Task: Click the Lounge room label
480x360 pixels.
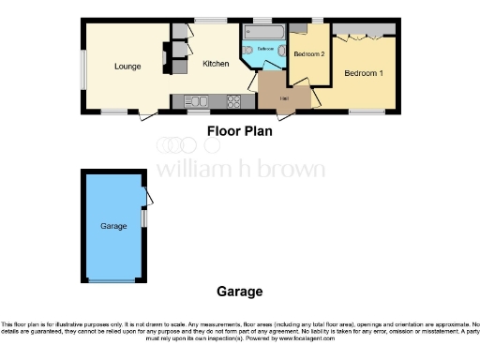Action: coord(127,67)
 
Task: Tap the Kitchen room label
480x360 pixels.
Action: coord(217,64)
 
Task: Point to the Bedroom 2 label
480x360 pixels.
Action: coord(308,55)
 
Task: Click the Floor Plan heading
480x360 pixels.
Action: coord(239,131)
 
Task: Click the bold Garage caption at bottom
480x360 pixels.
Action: coord(239,292)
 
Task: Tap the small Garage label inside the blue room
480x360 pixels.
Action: coord(112,226)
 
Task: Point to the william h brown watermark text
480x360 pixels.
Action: coord(240,170)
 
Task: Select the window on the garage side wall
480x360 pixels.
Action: coord(143,217)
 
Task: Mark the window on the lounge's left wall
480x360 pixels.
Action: coord(82,67)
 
